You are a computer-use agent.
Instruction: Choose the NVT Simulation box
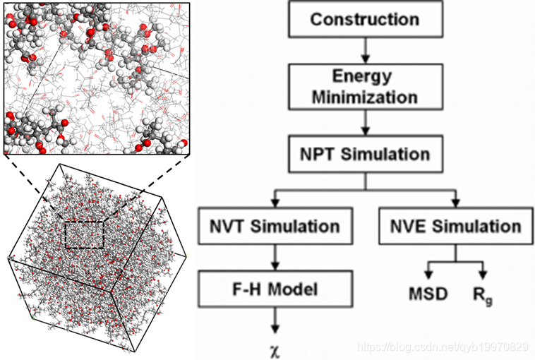(x=275, y=226)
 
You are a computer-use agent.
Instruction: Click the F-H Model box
(x=275, y=289)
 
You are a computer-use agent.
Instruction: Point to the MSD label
(x=428, y=293)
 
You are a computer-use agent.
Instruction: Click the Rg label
(x=483, y=293)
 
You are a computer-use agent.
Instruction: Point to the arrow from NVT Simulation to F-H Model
(x=275, y=257)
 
